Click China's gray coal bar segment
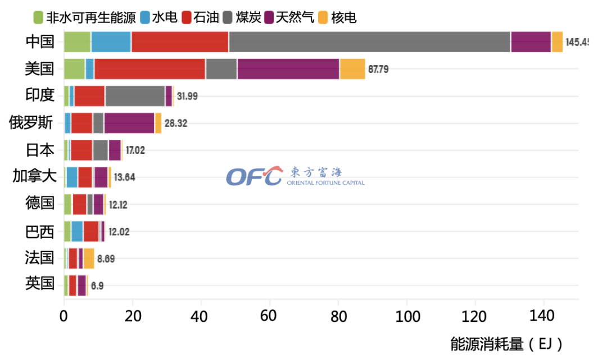pyautogui.click(x=369, y=42)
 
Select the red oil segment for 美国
pyautogui.click(x=150, y=69)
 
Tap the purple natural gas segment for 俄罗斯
pyautogui.click(x=129, y=123)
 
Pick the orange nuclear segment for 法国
pyautogui.click(x=89, y=258)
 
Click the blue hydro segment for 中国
pyautogui.click(x=111, y=42)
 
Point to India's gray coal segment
pyautogui.click(x=135, y=96)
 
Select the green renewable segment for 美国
pyautogui.click(x=74, y=69)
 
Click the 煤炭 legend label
pyautogui.click(x=248, y=18)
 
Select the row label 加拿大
pyautogui.click(x=34, y=176)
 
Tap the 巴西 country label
pyautogui.click(x=40, y=230)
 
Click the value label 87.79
pyautogui.click(x=378, y=70)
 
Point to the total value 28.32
pyautogui.click(x=175, y=124)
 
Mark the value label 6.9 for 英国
pyautogui.click(x=97, y=285)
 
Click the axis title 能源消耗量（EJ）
pyautogui.click(x=506, y=344)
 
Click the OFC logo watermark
pyautogui.click(x=254, y=176)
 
